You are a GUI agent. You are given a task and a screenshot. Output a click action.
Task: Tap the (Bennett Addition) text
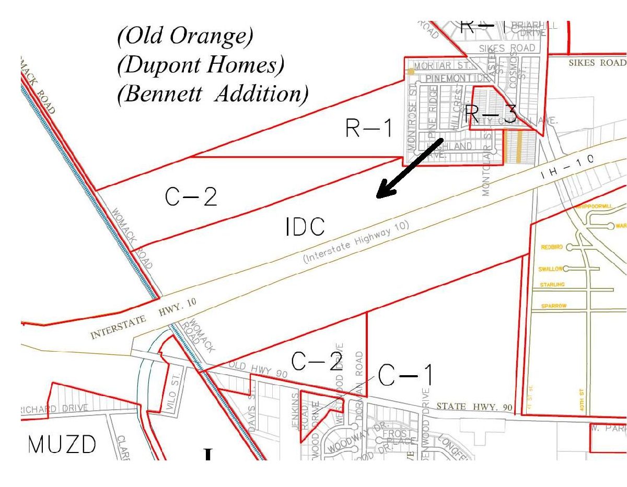[213, 94]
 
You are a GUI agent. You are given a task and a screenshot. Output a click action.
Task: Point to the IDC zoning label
[306, 227]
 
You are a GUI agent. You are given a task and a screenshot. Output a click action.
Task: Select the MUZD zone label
[62, 445]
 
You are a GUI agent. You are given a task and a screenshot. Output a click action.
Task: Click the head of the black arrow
[380, 195]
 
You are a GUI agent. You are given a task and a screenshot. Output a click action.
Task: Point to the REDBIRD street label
[552, 247]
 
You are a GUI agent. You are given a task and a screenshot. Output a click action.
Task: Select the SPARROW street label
[554, 306]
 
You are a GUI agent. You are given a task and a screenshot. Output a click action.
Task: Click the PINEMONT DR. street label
[449, 78]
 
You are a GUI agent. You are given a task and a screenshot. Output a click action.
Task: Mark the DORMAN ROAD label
[359, 372]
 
